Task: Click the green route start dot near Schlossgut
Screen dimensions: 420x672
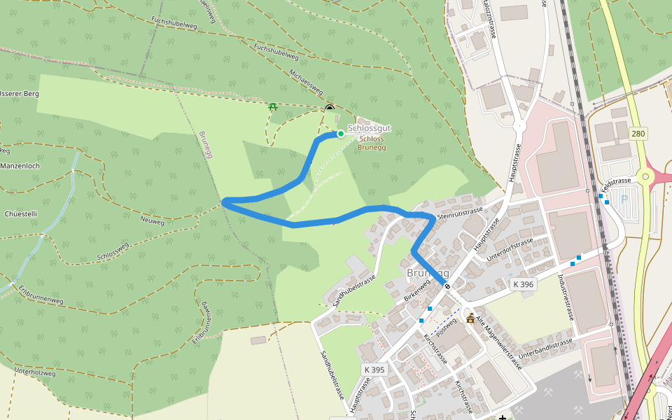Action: pyautogui.click(x=341, y=133)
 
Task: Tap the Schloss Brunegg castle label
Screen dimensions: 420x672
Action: pyautogui.click(x=371, y=143)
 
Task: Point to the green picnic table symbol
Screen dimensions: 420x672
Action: pyautogui.click(x=272, y=106)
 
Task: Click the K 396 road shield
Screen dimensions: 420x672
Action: pyautogui.click(x=523, y=284)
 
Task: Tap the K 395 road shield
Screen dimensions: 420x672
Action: pyautogui.click(x=374, y=370)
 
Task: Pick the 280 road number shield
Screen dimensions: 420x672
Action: pyautogui.click(x=638, y=133)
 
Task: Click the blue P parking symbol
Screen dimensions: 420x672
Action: pyautogui.click(x=624, y=199)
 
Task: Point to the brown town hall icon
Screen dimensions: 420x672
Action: pyautogui.click(x=470, y=319)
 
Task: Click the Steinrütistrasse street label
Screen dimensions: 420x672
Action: pyautogui.click(x=459, y=212)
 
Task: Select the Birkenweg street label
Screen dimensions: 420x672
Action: pyautogui.click(x=416, y=290)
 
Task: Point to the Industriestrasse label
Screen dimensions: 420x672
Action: pyautogui.click(x=566, y=297)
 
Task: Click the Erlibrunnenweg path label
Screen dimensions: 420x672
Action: pyautogui.click(x=41, y=294)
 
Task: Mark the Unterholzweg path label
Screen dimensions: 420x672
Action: pyautogui.click(x=35, y=372)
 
